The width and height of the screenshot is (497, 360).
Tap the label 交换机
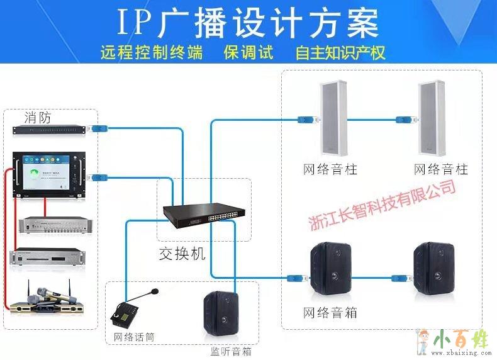(x=182, y=256)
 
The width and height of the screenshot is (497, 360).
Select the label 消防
(x=38, y=118)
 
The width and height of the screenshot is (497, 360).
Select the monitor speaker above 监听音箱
(x=220, y=315)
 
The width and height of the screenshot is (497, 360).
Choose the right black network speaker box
(x=433, y=267)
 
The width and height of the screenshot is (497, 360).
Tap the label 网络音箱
(x=330, y=312)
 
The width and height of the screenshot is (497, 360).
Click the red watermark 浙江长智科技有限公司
(x=383, y=205)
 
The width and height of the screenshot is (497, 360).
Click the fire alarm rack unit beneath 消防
(x=49, y=130)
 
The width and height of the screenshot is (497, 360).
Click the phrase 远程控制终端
(x=152, y=52)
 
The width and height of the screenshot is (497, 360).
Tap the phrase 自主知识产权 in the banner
(x=340, y=52)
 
